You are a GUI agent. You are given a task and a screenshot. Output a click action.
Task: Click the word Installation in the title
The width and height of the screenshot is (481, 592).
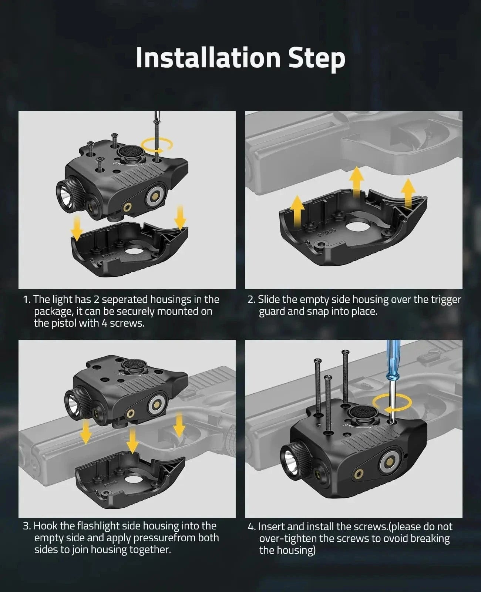(x=208, y=58)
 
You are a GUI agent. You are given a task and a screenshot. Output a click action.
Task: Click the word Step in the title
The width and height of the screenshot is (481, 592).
(x=317, y=59)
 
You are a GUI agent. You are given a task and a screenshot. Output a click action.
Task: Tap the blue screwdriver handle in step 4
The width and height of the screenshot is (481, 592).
(x=393, y=358)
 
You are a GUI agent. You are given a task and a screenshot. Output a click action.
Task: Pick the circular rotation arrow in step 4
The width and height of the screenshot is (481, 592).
(x=392, y=403)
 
